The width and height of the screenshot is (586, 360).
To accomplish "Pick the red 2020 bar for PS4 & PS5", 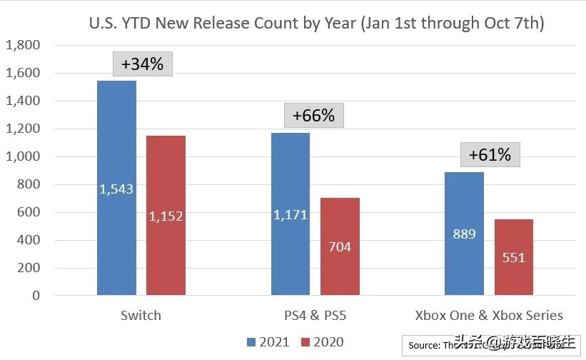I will click(x=340, y=214).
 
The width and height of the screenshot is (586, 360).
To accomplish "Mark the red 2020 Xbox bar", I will click(x=513, y=236).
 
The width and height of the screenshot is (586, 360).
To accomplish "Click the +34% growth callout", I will click(x=142, y=64).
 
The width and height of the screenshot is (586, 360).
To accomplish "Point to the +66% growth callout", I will click(x=313, y=114).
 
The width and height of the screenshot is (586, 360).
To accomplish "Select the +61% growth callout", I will click(x=490, y=154).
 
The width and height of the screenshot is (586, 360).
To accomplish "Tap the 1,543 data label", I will click(x=116, y=189).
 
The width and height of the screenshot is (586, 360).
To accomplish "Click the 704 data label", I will click(x=340, y=247).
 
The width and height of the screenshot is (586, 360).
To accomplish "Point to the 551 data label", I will click(x=513, y=257).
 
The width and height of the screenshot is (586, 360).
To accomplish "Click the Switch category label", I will click(x=141, y=315).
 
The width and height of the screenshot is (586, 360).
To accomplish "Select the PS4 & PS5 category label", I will click(x=315, y=315).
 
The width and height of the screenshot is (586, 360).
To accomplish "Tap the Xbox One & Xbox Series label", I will click(x=490, y=315).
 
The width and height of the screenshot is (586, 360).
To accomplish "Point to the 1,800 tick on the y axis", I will click(x=23, y=46).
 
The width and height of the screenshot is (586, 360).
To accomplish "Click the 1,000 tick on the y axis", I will click(x=23, y=157).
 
